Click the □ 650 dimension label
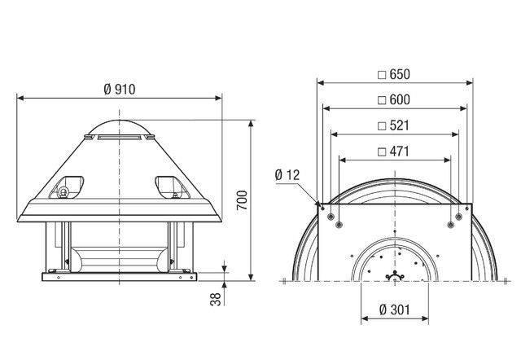click(394, 74)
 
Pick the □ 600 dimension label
click(394, 99)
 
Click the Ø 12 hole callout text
click(289, 175)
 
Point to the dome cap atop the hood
click(119, 127)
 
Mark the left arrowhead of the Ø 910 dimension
click(20, 98)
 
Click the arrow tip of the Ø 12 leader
click(316, 202)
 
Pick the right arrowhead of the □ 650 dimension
click(470, 82)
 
